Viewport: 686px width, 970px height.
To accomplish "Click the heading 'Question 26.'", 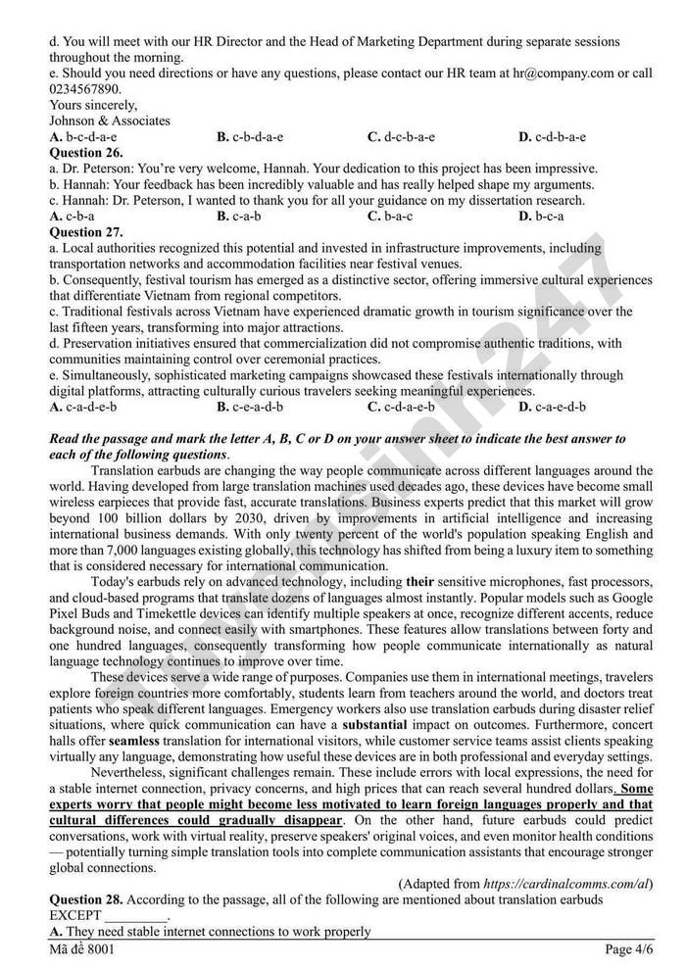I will (85, 153).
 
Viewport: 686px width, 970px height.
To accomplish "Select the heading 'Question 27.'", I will (85, 232).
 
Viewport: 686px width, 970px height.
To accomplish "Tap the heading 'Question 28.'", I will (85, 898).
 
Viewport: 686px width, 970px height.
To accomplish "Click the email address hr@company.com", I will (558, 73).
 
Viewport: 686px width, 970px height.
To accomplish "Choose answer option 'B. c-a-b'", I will (238, 216).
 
